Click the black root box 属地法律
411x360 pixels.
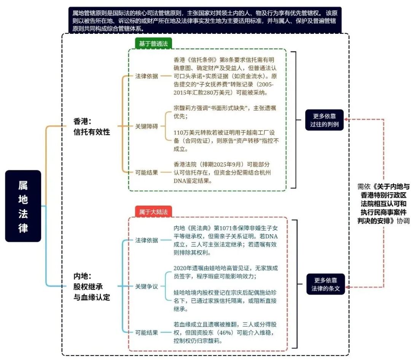tap(23, 206)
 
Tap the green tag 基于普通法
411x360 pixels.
tap(153, 43)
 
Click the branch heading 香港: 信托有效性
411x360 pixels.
tap(92, 126)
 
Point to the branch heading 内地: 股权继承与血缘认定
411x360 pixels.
tap(92, 286)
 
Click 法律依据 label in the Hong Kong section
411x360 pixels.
tap(147, 76)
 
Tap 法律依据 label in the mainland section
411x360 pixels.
tap(147, 240)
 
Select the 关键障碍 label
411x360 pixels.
tap(147, 126)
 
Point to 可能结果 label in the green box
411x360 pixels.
tap(147, 173)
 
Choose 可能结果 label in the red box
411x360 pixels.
tap(147, 333)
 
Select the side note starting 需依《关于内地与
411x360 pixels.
tap(383, 203)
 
